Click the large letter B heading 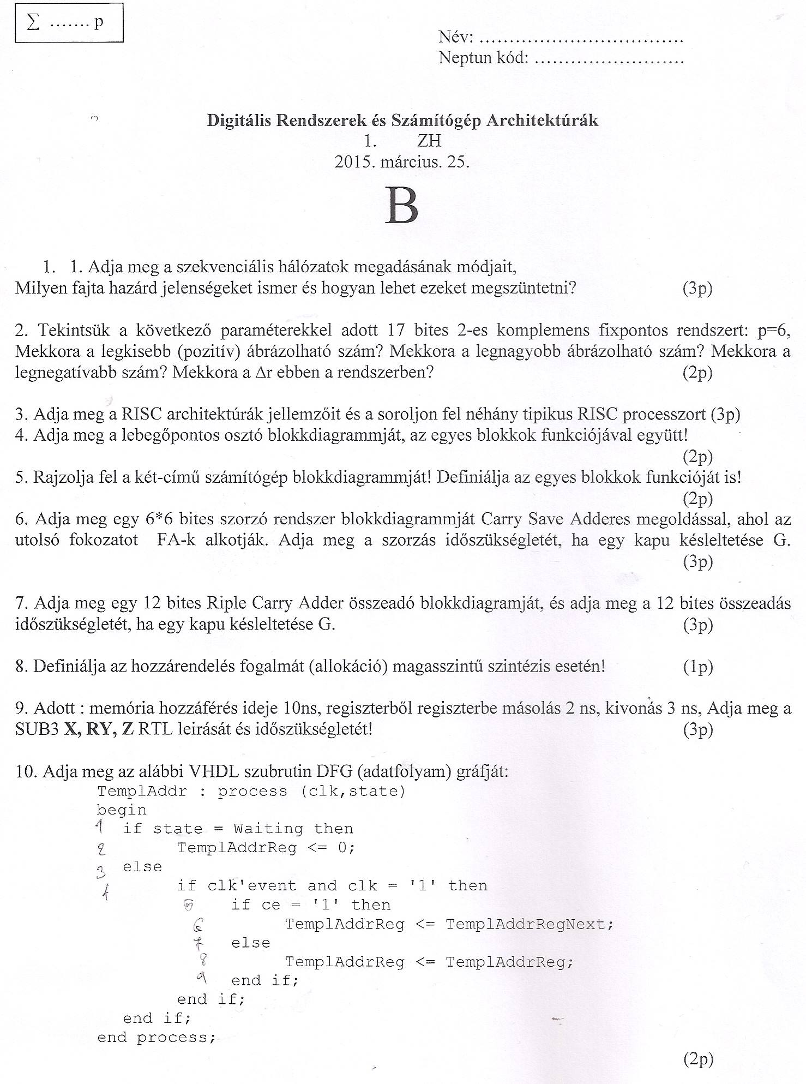[x=402, y=206]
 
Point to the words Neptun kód [x=483, y=57]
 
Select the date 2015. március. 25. [x=402, y=162]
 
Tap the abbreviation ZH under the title [x=429, y=141]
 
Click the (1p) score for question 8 [x=697, y=667]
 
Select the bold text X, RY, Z [x=99, y=729]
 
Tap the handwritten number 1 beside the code [x=100, y=828]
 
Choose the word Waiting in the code [x=268, y=829]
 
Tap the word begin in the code [x=122, y=810]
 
